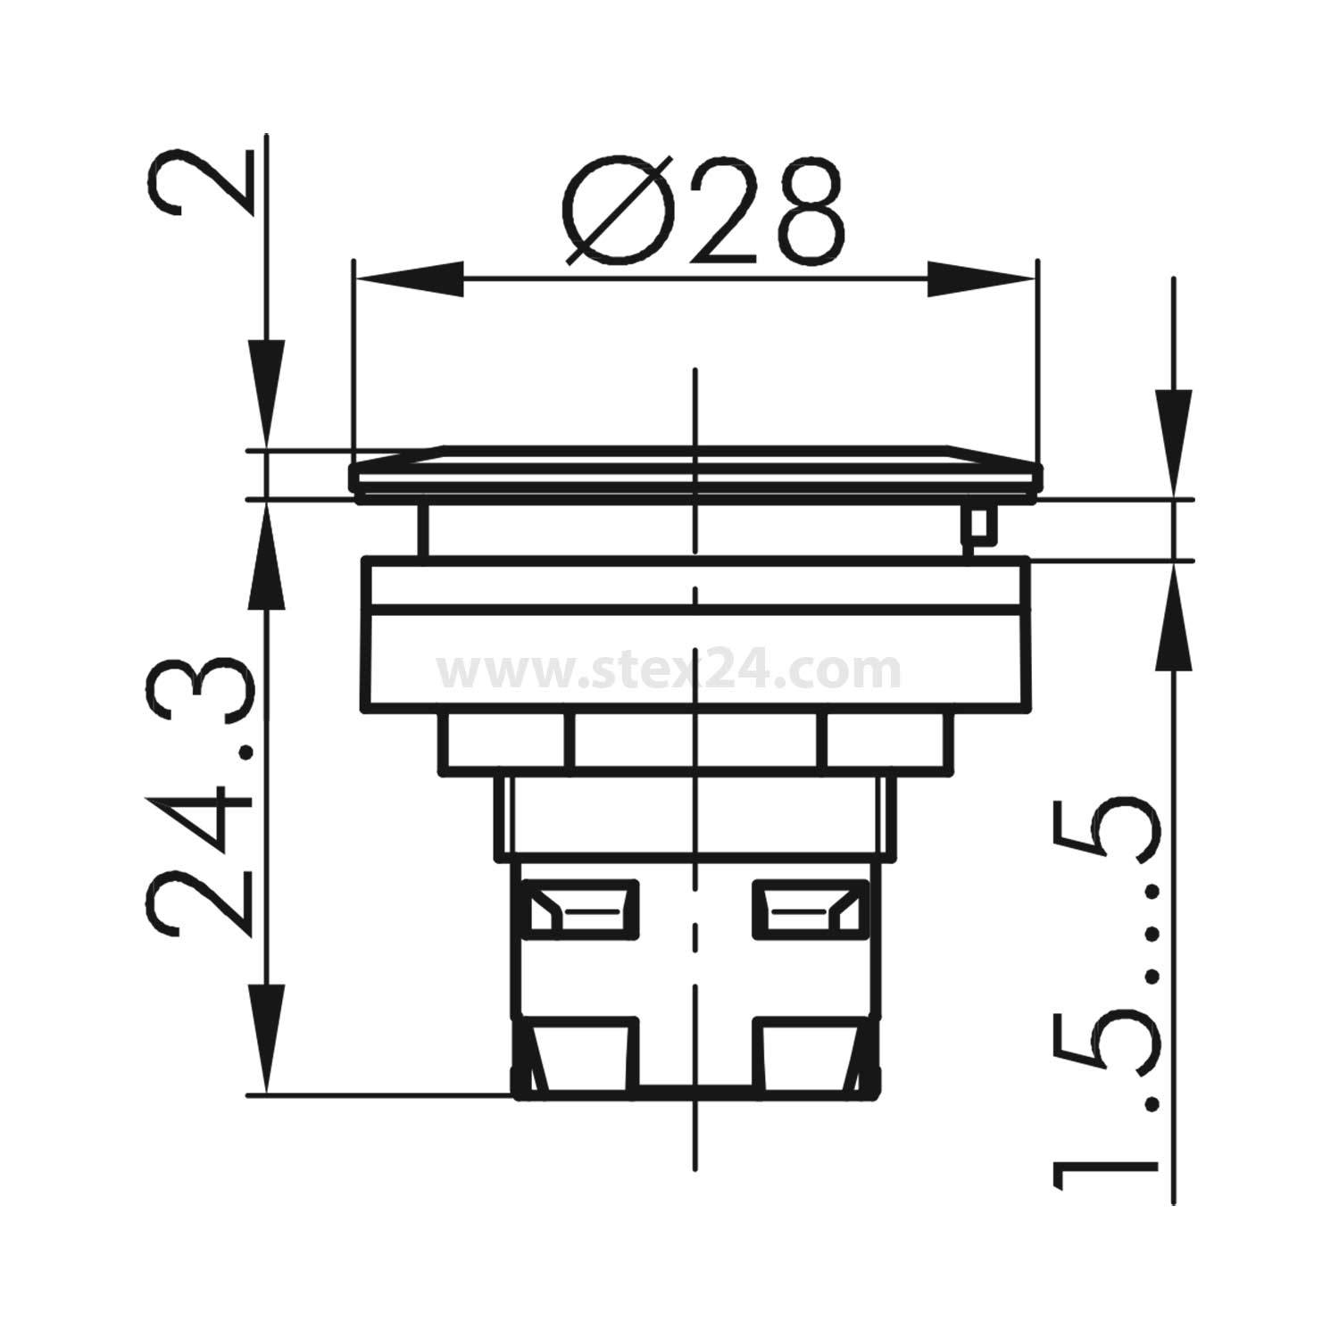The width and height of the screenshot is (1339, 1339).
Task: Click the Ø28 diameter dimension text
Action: [x=703, y=212]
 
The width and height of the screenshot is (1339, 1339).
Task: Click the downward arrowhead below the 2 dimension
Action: [x=266, y=393]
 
